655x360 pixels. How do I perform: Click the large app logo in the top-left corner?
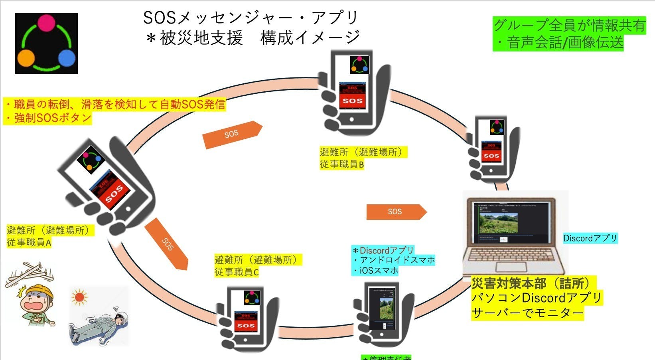46,43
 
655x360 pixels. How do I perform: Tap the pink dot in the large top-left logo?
47,22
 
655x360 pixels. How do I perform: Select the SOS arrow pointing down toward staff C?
166,243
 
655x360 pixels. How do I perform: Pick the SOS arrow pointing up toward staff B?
232,135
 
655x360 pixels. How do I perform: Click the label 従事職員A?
29,242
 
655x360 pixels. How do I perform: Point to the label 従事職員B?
342,164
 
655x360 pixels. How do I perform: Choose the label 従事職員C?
237,272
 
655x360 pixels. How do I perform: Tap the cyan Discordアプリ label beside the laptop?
590,238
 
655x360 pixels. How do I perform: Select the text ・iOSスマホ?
375,271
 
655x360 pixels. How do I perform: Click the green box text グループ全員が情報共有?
569,25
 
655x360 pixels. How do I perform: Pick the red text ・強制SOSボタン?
48,118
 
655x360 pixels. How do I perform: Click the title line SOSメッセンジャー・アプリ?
251,18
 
